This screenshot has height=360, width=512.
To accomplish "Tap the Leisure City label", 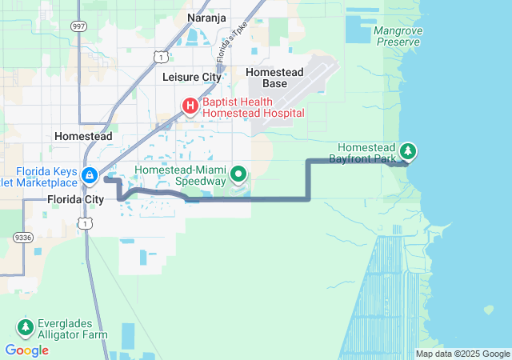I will tap(191, 78).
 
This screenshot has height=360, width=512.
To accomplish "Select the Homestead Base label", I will tap(274, 78).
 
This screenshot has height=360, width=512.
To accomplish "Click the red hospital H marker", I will tap(190, 106).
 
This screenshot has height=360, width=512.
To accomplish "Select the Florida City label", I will tap(75, 198).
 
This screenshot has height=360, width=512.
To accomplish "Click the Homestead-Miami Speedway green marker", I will tap(238, 174).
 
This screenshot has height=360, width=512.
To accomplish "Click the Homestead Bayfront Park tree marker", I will tap(408, 150).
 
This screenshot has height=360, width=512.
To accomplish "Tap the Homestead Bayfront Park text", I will tap(366, 154).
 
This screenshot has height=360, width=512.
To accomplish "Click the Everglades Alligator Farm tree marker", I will tap(25, 326).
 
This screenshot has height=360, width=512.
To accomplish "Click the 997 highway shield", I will tap(79, 26).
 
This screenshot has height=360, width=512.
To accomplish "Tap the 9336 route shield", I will tap(22, 237).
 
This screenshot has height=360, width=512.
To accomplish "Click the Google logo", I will tap(26, 350).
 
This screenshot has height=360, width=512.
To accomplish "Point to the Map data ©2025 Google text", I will tap(462, 354).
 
